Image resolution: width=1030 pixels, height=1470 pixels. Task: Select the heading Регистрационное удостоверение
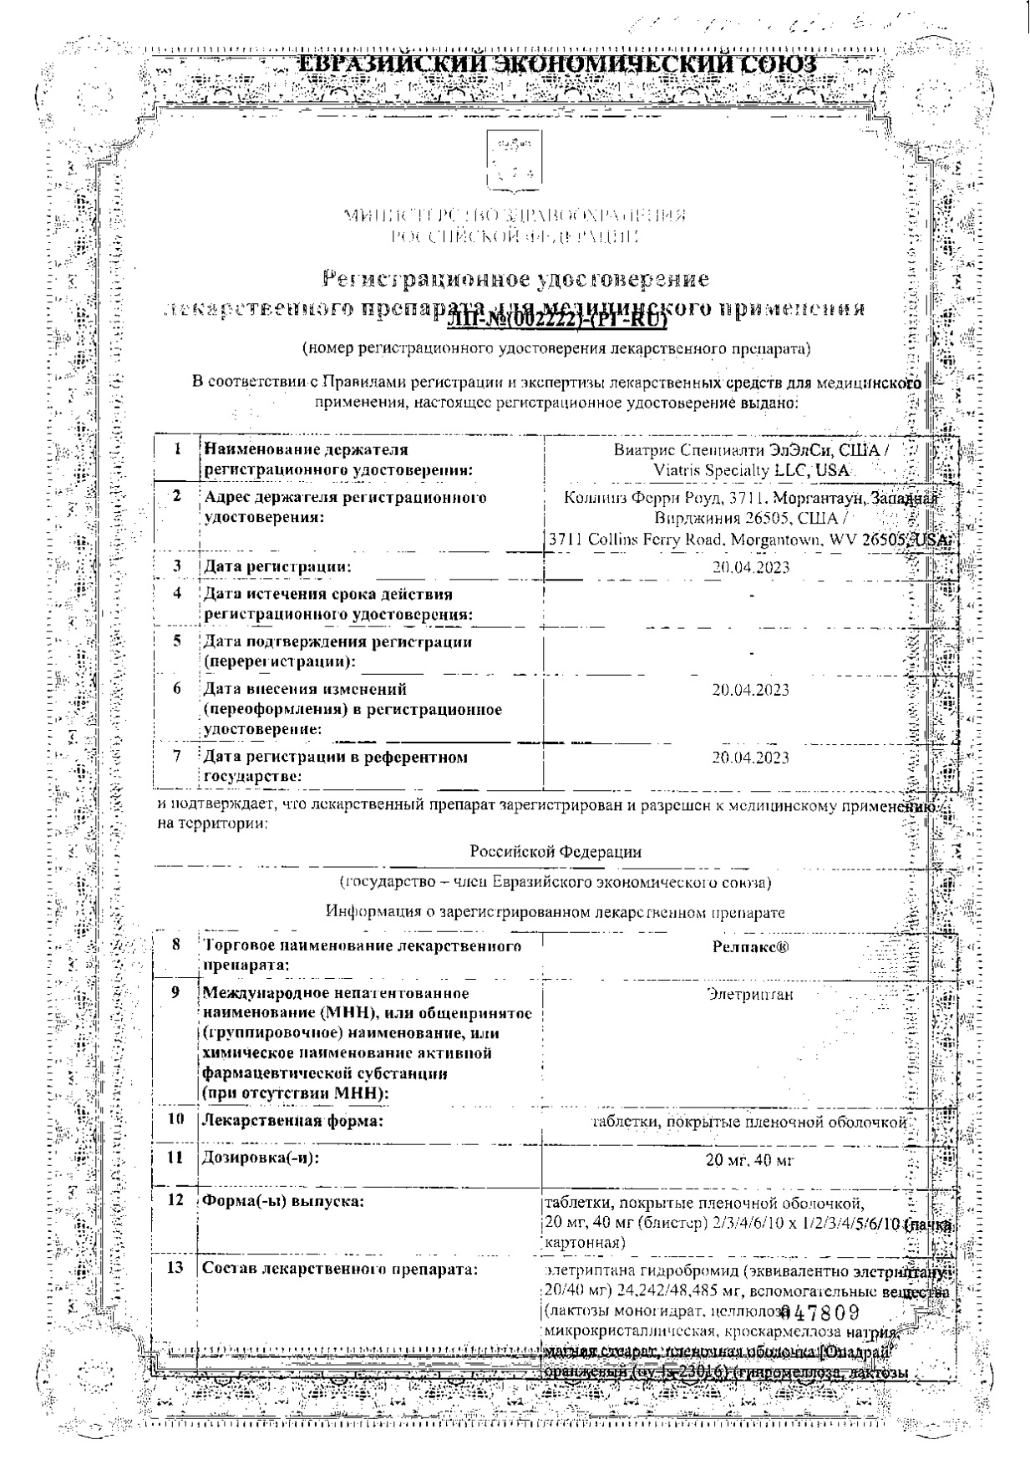click(515, 278)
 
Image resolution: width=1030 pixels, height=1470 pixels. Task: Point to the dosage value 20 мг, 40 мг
click(750, 1159)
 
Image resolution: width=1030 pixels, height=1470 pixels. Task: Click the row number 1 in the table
click(178, 449)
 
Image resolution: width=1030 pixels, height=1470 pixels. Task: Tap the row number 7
click(177, 757)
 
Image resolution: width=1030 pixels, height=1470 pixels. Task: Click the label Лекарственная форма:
click(292, 1121)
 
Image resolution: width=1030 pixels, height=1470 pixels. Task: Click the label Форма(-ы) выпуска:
click(283, 1201)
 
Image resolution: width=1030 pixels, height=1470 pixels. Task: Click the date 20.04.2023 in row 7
click(750, 758)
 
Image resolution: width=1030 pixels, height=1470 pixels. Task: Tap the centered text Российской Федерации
click(556, 852)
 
